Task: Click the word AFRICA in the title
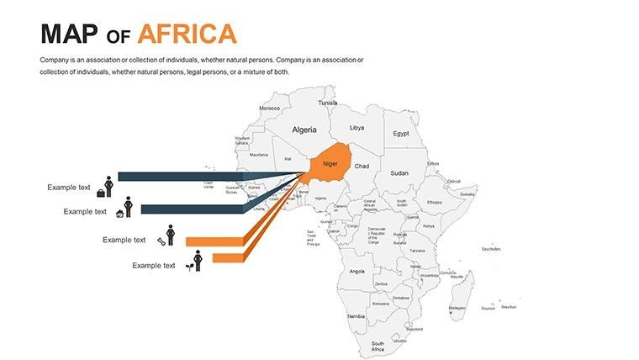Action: pyautogui.click(x=187, y=34)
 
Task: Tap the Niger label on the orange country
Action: pyautogui.click(x=330, y=163)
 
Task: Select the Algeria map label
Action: pyautogui.click(x=304, y=130)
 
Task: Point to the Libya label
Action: pyautogui.click(x=357, y=128)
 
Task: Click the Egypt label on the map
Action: pyautogui.click(x=401, y=134)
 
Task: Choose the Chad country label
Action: pyautogui.click(x=362, y=167)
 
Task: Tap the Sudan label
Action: pyautogui.click(x=399, y=173)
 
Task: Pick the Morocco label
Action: pyautogui.click(x=269, y=109)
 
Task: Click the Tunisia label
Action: pyautogui.click(x=327, y=103)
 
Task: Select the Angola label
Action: pyautogui.click(x=356, y=271)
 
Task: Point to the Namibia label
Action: pyautogui.click(x=356, y=315)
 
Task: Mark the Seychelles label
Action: pyautogui.click(x=491, y=249)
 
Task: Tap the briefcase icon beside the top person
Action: pyautogui.click(x=101, y=193)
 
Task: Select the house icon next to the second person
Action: pyautogui.click(x=119, y=213)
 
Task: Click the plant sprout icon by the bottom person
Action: pyautogui.click(x=190, y=267)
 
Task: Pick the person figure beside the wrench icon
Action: pyautogui.click(x=171, y=235)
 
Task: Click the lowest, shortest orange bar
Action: pyautogui.click(x=227, y=257)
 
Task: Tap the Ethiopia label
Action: pyautogui.click(x=434, y=202)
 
